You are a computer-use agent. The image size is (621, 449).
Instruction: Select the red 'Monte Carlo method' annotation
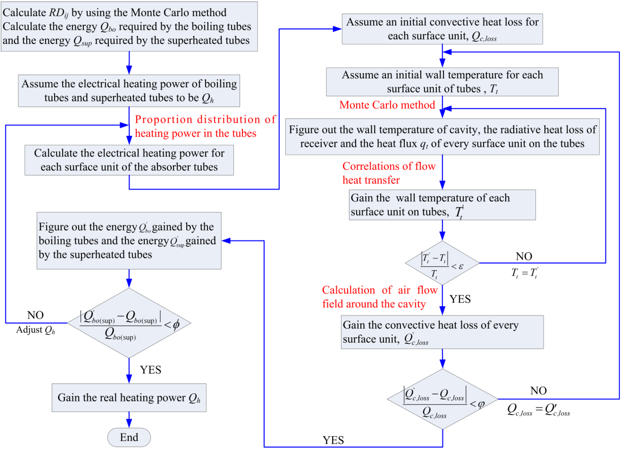click(387, 105)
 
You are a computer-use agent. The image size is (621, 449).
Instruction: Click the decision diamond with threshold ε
click(442, 263)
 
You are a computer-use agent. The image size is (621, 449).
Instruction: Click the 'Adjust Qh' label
click(35, 330)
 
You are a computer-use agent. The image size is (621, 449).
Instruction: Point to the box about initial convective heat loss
click(442, 29)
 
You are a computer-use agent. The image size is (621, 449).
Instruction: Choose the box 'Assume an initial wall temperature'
click(442, 82)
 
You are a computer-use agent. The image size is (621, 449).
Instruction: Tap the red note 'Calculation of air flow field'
click(379, 297)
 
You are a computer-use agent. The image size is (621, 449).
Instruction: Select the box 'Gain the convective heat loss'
click(442, 332)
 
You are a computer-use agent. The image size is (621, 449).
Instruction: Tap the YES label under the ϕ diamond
click(150, 370)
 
